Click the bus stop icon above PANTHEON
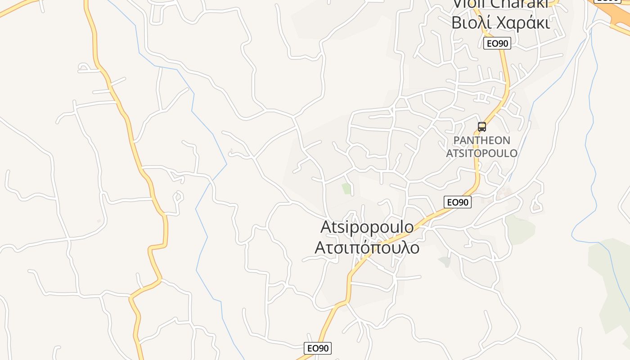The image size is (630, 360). pos(482,126)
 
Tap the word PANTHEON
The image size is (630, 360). pos(481,140)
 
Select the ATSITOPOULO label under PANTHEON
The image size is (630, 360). pos(481,153)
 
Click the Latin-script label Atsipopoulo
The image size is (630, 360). pos(367,227)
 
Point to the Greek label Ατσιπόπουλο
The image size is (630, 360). pos(367,247)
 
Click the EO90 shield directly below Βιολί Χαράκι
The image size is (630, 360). pos(497,44)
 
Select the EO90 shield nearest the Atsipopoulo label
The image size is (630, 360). pos(458,202)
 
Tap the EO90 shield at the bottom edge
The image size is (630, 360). pos(318,348)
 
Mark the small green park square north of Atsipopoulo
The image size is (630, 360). pos(346,188)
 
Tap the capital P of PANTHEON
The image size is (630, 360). pos(456,140)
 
